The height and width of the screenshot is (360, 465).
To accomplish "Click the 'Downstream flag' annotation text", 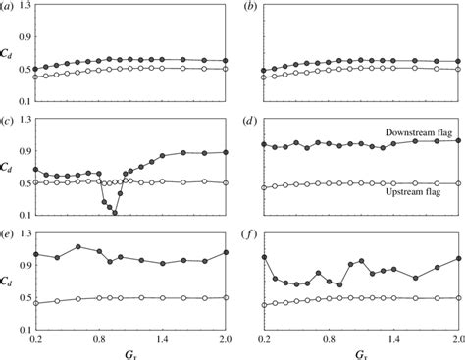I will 417,129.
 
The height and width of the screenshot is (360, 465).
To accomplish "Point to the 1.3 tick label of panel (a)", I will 16,6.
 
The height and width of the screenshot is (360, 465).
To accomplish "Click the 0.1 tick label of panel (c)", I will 16,215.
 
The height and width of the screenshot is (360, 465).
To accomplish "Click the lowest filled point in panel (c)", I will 115,212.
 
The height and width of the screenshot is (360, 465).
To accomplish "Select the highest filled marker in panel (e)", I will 78,246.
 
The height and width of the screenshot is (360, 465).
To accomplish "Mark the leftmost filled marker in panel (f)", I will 265,256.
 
